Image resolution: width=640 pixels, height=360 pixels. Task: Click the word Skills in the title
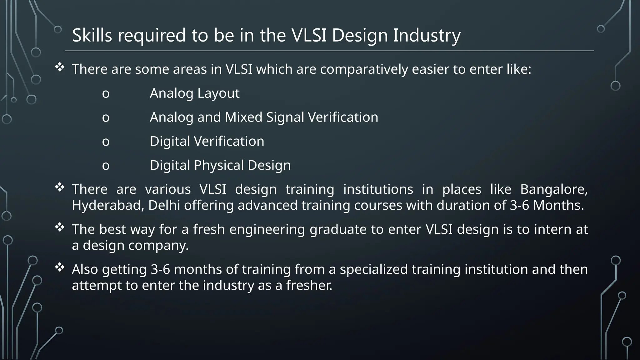92,35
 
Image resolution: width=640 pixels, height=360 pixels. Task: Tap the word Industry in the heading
427,35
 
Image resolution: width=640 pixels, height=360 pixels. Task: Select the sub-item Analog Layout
194,93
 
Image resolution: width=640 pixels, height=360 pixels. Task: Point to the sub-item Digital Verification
207,141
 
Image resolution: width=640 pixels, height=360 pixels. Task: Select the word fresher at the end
309,285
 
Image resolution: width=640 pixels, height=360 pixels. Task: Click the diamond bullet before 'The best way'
60,227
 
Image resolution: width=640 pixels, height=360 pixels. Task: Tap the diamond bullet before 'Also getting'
60,267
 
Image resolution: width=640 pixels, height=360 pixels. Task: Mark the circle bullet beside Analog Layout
106,94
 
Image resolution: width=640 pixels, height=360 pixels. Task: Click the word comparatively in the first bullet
364,69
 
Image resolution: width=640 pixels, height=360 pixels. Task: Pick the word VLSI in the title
309,35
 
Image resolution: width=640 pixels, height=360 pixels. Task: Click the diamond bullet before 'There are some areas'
60,67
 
